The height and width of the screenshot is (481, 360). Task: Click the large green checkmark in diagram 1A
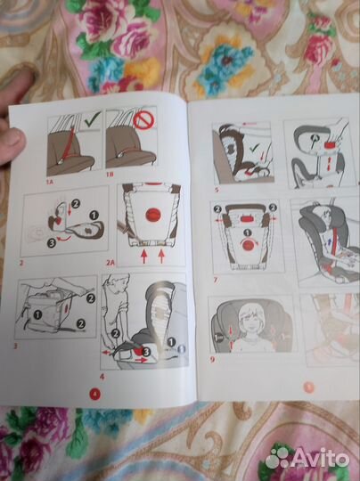(93, 119)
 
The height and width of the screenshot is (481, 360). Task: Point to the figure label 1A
(50, 183)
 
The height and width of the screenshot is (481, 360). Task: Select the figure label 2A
(110, 263)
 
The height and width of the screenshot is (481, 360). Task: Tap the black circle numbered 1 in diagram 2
(94, 216)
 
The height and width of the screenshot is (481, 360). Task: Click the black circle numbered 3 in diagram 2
(52, 243)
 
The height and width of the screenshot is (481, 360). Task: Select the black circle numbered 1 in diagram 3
(37, 314)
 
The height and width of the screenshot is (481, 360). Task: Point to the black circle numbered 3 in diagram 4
(146, 352)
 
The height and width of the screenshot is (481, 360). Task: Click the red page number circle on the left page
(95, 394)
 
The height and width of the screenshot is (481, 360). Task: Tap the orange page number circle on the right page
(309, 387)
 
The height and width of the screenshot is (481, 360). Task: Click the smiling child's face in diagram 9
(252, 321)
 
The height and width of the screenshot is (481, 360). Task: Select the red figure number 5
(217, 190)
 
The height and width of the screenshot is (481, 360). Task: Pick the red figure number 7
(216, 280)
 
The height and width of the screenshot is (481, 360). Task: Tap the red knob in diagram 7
(249, 245)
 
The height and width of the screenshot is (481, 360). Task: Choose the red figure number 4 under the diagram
(102, 377)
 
